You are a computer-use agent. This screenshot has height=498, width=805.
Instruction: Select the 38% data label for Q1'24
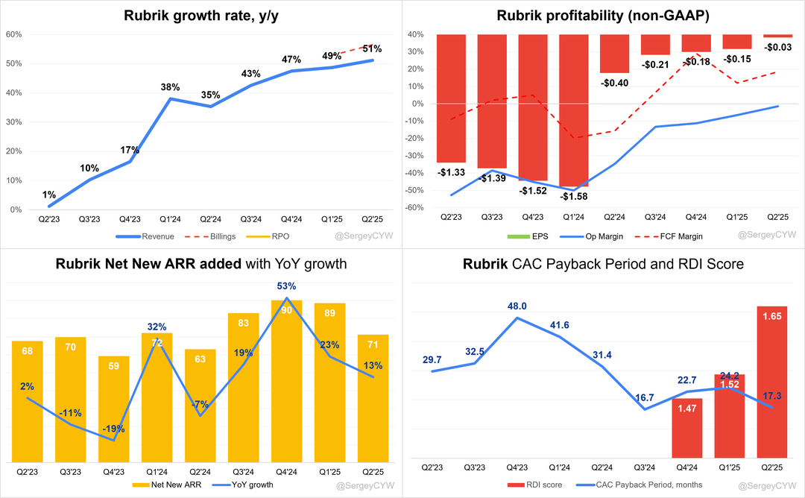[171, 86]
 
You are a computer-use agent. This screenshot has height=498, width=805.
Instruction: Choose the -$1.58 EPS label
[574, 195]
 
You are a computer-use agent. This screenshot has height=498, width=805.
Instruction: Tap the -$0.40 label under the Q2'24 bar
[614, 83]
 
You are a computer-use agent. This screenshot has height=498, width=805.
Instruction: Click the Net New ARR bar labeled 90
[286, 380]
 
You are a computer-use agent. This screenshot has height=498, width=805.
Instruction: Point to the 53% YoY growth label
[286, 286]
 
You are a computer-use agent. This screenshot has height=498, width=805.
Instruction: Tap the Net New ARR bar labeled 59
[114, 409]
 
